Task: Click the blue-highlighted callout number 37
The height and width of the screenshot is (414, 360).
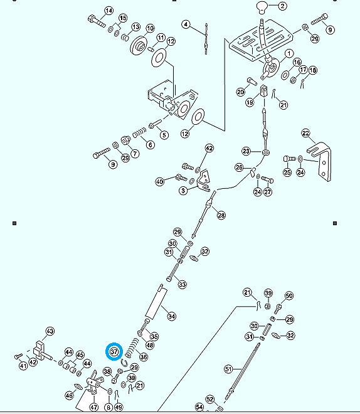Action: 114,352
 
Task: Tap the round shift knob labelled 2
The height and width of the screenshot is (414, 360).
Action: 262,8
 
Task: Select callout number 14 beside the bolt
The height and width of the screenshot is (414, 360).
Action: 109,11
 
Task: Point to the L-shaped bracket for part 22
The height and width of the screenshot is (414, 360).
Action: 320,161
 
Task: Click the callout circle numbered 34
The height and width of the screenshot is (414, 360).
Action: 172,316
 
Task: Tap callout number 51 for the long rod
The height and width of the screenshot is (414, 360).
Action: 228,369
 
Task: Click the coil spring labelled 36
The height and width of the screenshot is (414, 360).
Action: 132,348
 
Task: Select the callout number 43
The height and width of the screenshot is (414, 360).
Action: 50,331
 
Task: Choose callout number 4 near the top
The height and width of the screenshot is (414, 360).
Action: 186,24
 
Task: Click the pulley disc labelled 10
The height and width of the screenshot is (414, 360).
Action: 139,46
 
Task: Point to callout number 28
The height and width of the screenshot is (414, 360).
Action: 221,215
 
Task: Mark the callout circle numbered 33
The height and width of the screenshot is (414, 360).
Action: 182,284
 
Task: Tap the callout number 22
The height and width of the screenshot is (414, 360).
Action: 305,134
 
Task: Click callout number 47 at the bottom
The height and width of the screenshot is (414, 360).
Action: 93,407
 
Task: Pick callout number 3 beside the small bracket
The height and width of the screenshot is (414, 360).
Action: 183,190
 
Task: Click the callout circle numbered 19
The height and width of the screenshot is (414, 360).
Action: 250,102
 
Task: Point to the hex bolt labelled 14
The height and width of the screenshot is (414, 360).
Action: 97,21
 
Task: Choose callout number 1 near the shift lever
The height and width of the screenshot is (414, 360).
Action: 289,53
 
